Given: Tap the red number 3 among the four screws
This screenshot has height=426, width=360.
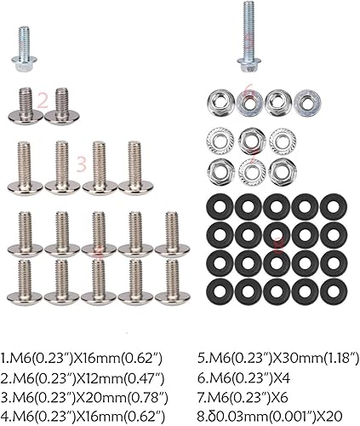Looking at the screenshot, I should click(x=82, y=160).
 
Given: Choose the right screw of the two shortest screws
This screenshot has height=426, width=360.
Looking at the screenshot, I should click(x=60, y=105).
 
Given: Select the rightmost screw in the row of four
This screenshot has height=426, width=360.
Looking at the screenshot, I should click(x=133, y=166).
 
